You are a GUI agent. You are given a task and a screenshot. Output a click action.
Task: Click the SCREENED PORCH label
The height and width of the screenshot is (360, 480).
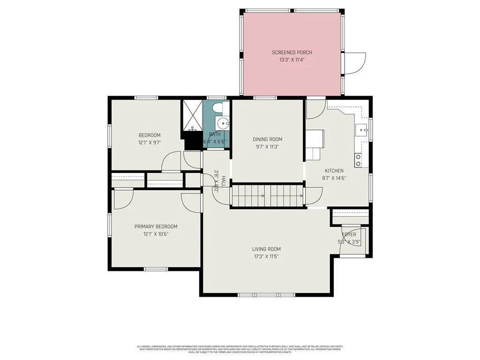click(292, 52)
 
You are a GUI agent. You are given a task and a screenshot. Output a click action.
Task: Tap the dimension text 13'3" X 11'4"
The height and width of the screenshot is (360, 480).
click(292, 60)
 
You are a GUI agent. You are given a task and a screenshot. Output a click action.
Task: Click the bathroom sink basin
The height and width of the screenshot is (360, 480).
click(222, 124)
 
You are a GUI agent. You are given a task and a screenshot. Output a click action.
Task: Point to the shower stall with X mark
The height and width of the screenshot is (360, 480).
click(192, 116)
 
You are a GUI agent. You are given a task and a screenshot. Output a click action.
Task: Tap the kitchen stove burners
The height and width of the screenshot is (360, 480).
click(359, 160)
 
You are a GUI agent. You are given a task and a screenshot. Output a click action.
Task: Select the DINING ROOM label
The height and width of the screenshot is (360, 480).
click(267, 139)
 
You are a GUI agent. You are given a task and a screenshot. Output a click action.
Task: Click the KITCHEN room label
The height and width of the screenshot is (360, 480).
click(334, 171)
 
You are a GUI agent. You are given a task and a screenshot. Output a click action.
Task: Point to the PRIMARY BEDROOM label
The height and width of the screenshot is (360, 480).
click(156, 226)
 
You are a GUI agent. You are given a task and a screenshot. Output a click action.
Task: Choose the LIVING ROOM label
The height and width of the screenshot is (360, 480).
click(267, 249)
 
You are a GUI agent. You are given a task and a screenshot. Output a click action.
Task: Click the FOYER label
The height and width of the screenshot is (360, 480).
click(349, 234)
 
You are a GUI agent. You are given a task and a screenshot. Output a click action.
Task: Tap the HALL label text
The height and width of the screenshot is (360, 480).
click(224, 181)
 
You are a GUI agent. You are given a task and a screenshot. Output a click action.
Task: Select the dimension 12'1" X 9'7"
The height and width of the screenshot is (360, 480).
click(149, 142)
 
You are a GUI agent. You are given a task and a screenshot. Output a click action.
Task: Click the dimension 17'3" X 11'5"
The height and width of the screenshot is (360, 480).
click(267, 257)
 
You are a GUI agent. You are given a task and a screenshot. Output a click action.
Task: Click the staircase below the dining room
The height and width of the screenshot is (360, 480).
click(267, 195)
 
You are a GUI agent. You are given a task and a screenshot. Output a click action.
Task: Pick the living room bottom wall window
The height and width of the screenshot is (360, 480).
click(266, 295)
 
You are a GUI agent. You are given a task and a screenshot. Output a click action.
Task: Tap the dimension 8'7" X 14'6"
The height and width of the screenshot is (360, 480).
click(334, 178)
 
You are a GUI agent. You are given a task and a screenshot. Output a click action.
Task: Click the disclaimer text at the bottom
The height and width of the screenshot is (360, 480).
click(240, 349)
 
